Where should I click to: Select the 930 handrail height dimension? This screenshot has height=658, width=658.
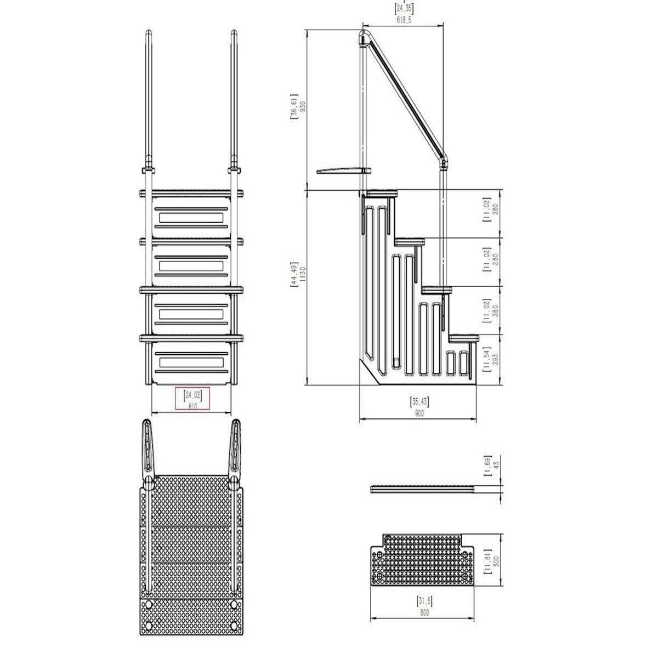pos(302,107)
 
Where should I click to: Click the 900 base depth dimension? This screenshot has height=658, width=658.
pos(419,414)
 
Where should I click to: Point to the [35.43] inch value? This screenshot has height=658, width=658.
pos(419,402)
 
